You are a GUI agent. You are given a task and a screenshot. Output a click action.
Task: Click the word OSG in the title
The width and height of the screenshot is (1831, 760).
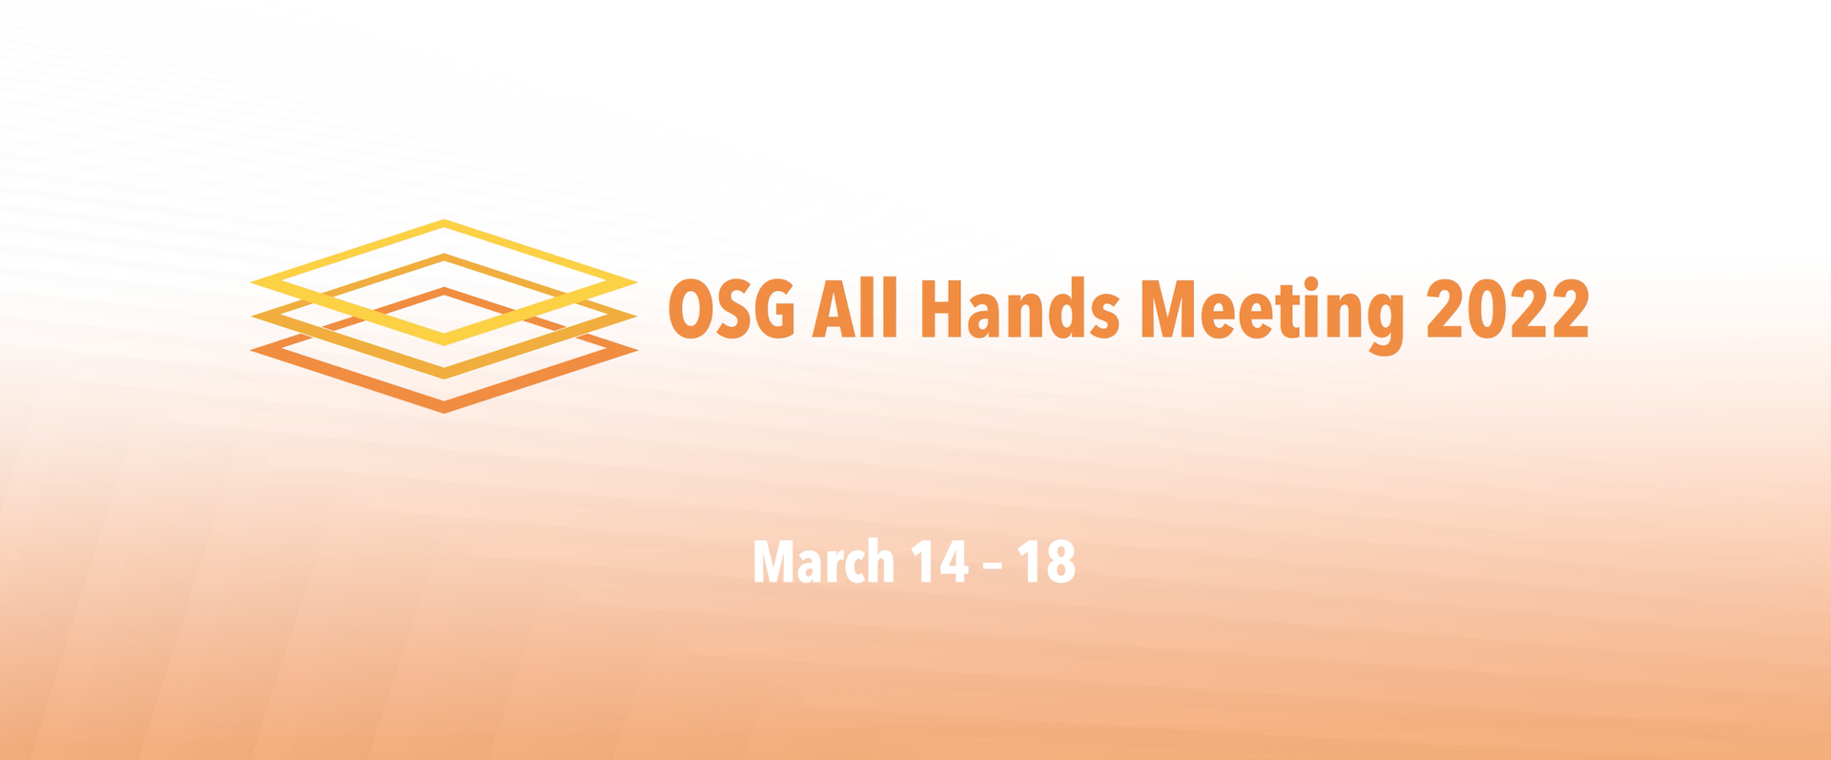point(731,310)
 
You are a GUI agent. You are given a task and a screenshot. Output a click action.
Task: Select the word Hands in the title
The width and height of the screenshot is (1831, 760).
point(1019,309)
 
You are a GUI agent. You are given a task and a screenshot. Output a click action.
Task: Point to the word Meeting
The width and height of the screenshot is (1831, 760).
point(1273,316)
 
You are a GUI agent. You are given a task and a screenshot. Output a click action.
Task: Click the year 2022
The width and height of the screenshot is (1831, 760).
point(1508,309)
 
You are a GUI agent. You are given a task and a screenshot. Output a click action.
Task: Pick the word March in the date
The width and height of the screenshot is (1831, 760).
point(824,562)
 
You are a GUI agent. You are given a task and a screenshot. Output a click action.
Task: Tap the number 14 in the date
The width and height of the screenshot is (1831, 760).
point(940,562)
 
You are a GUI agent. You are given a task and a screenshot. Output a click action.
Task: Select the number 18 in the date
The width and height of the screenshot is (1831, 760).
point(1046,562)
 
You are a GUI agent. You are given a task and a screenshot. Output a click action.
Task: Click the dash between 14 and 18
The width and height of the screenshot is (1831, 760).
point(993,565)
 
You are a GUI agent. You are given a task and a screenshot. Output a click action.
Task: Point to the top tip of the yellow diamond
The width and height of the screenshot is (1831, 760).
point(444,220)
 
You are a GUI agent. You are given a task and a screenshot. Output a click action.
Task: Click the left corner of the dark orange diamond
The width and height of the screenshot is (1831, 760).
point(251,350)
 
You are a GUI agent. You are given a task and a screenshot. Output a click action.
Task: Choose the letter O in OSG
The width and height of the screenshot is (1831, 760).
point(688,310)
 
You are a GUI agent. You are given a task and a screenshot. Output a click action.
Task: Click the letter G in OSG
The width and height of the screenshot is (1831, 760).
point(774,310)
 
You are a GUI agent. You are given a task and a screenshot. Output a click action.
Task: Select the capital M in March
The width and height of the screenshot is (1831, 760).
point(773,562)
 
